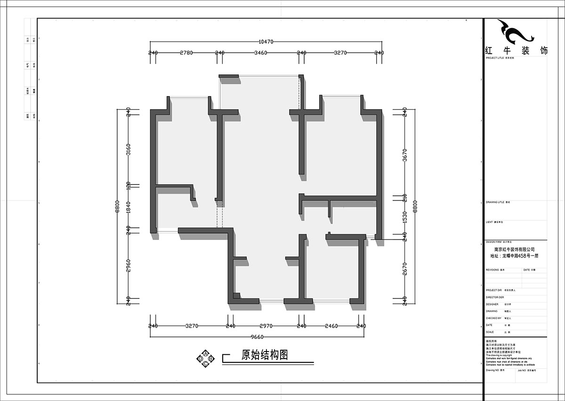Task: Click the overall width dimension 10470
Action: pyautogui.click(x=266, y=42)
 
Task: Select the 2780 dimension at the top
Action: pyautogui.click(x=186, y=53)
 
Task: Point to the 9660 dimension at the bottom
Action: pyautogui.click(x=257, y=337)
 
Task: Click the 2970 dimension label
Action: pyautogui.click(x=266, y=326)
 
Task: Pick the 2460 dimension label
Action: pyautogui.click(x=331, y=326)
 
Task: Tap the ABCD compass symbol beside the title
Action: pyautogui.click(x=205, y=358)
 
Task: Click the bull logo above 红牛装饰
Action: pyautogui.click(x=515, y=32)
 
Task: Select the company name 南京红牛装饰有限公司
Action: pyautogui.click(x=514, y=250)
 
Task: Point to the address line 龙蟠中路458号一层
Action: pyautogui.click(x=514, y=256)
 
